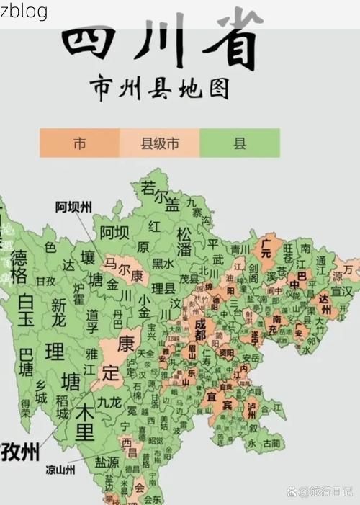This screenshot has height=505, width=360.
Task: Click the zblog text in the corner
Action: [x=24, y=11]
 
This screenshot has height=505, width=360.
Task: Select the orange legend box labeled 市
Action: [x=79, y=143]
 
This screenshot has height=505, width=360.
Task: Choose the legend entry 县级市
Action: [x=159, y=143]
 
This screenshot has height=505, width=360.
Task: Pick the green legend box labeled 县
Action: [x=239, y=143]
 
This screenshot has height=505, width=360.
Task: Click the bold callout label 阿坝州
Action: [x=73, y=207]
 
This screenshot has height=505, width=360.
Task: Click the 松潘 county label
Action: [x=185, y=241]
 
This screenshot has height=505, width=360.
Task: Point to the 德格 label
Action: [x=21, y=267]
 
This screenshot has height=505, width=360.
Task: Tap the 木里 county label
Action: [x=85, y=424]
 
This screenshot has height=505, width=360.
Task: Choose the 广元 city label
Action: [x=266, y=249]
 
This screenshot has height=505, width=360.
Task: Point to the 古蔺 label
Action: [x=272, y=442]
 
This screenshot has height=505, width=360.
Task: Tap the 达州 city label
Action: [x=325, y=303]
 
